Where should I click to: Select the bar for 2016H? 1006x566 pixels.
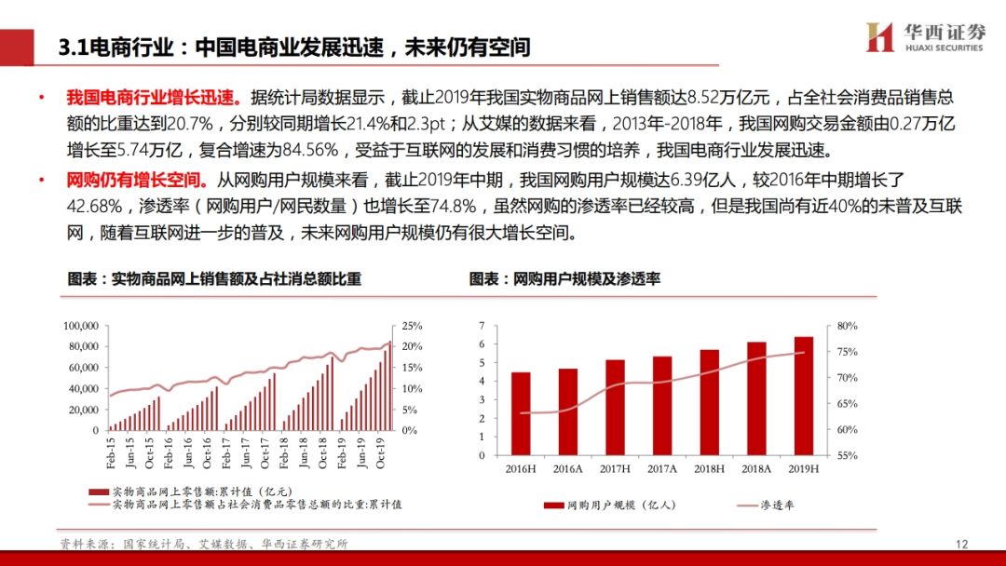[x=521, y=414]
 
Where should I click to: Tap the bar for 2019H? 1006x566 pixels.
[x=803, y=396]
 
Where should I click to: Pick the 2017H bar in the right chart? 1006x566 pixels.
[x=615, y=408]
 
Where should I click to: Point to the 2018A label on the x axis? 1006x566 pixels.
[x=756, y=467]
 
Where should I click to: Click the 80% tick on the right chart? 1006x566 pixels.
[x=847, y=326]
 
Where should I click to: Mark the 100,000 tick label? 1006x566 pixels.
[x=81, y=326]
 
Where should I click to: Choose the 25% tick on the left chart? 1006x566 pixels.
[x=412, y=326]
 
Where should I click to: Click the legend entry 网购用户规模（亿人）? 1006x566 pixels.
[x=609, y=505]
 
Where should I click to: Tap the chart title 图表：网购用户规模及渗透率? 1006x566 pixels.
[x=564, y=278]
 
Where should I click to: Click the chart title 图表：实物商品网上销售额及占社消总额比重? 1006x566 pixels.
[x=213, y=278]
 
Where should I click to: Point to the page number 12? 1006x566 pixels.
[x=963, y=544]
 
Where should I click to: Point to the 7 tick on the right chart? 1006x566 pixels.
[x=482, y=326]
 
